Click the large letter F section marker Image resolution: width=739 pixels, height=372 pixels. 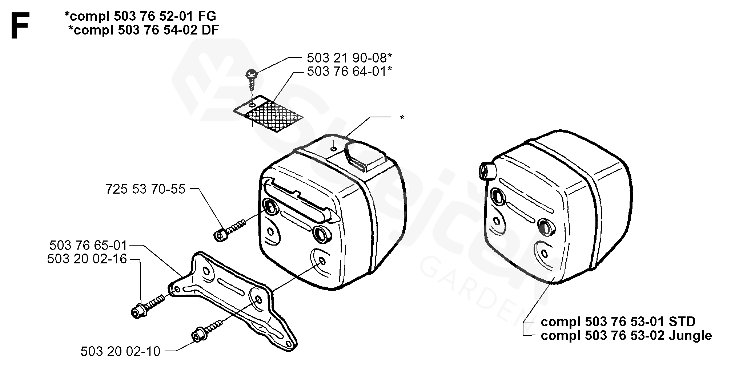click(20, 25)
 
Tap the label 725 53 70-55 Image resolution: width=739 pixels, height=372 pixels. click(145, 189)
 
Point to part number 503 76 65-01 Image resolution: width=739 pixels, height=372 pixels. click(88, 246)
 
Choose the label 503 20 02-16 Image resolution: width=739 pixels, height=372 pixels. click(87, 259)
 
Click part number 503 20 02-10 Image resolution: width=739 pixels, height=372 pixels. click(120, 351)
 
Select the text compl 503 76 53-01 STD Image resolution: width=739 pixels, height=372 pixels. click(618, 322)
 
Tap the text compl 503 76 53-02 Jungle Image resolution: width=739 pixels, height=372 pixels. click(626, 335)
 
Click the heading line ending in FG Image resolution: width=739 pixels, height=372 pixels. click(140, 16)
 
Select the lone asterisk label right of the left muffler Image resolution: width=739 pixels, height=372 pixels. click(402, 118)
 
